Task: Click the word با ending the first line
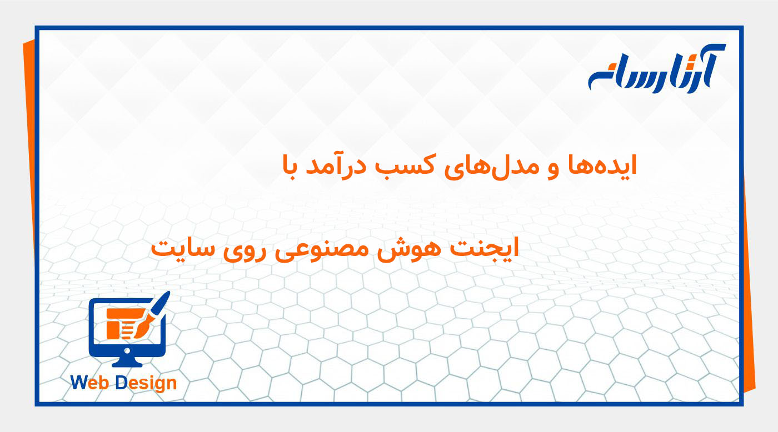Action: click(293, 166)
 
